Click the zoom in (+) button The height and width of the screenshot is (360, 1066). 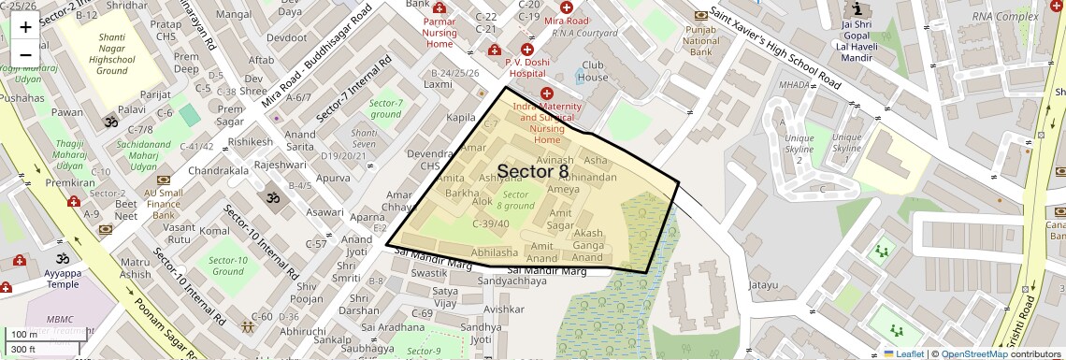25,27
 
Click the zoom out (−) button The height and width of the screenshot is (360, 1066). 25,54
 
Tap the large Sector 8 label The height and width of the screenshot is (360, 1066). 532,171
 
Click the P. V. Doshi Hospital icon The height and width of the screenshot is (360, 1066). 526,49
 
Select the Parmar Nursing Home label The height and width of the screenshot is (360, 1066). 439,32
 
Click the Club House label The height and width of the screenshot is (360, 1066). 594,71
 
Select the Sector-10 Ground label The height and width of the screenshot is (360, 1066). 228,266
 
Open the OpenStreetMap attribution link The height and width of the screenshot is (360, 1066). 973,353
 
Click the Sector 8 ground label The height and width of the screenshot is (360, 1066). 515,199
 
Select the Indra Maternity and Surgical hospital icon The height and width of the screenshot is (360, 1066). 547,94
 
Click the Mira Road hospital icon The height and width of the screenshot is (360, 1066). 567,7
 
